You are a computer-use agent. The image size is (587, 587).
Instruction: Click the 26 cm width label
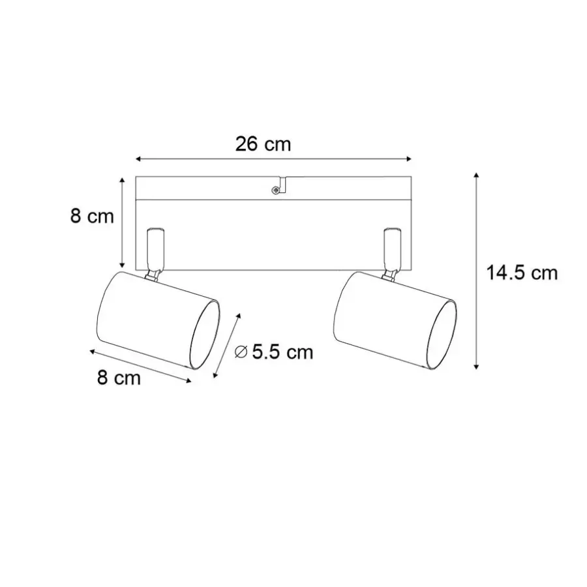263,144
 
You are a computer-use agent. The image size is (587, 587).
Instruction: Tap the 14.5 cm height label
522,273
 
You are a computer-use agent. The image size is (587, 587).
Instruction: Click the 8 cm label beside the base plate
92,217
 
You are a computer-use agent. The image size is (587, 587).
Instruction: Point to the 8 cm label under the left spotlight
119,378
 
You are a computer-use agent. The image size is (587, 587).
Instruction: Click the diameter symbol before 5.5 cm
241,352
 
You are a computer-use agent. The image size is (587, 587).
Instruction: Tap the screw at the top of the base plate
275,190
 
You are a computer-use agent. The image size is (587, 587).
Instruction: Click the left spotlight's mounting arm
155,248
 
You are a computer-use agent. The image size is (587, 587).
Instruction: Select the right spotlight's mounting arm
393,248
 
